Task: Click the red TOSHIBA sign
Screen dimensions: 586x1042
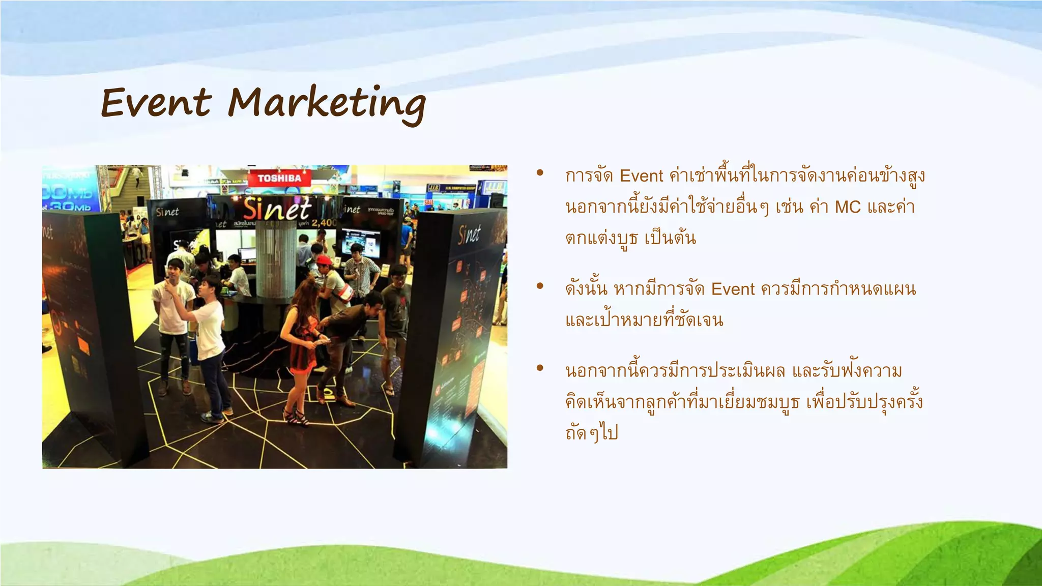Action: pos(279,178)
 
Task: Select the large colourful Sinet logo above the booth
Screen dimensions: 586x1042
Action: pos(277,209)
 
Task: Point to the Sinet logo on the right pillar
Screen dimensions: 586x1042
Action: pos(469,235)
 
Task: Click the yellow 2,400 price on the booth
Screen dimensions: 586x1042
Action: pos(324,223)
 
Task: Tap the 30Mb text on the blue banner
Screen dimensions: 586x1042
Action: pos(76,206)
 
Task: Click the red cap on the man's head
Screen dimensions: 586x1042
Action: pos(324,261)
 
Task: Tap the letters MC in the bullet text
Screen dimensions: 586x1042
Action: pos(848,207)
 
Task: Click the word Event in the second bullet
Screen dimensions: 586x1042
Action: pos(733,289)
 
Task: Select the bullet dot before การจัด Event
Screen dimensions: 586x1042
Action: pos(540,173)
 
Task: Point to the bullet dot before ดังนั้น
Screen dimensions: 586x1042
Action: pos(540,286)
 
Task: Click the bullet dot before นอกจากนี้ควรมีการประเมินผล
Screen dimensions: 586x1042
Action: pos(540,368)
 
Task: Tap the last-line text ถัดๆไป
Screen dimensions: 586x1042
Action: pos(591,433)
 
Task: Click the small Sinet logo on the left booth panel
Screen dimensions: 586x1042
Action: pos(167,212)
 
